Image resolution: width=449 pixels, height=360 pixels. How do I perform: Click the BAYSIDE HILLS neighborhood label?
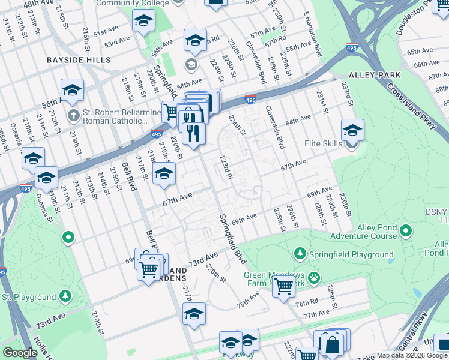tap(79, 60)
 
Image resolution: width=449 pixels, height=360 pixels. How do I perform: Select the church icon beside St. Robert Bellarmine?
tap(73, 114)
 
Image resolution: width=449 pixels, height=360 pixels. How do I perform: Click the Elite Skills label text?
tap(324, 144)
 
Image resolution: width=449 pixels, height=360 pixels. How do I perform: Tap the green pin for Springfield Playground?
tap(302, 254)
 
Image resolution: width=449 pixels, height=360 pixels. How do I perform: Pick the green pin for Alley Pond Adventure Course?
tap(406, 230)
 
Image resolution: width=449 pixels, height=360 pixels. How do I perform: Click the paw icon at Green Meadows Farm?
tap(314, 277)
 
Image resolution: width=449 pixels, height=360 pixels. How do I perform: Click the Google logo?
tap(19, 353)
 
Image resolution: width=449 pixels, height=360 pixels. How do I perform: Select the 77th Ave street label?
tap(316, 314)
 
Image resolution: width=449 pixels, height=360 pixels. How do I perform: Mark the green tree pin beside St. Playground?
tap(64, 296)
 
